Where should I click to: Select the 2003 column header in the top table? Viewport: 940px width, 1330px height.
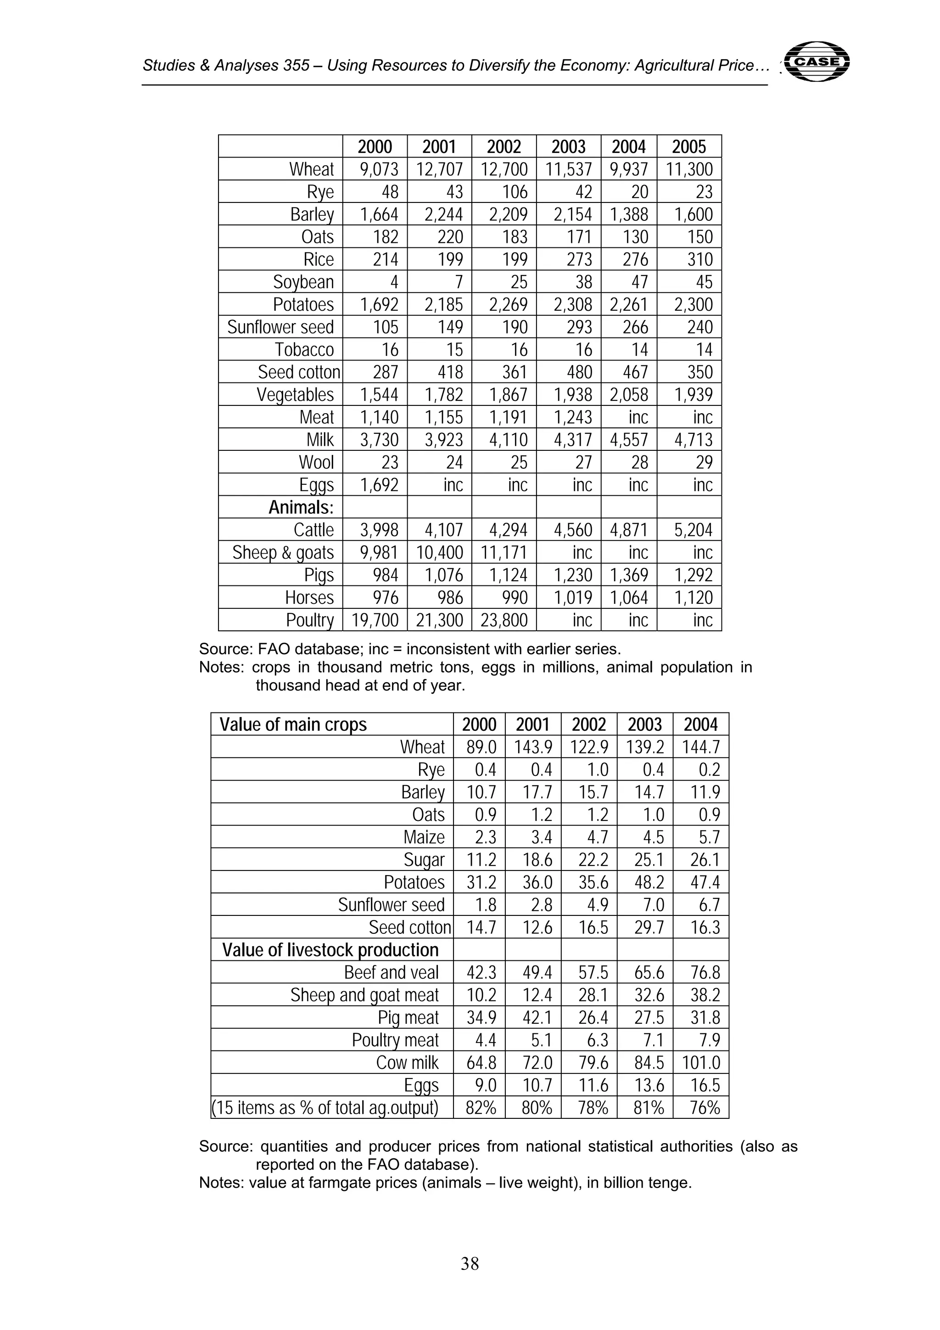[x=568, y=146]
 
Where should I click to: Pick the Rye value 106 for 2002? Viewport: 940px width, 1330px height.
[x=515, y=192]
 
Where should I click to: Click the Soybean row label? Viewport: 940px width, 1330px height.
[x=303, y=282]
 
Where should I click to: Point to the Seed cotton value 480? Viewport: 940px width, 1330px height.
[x=579, y=372]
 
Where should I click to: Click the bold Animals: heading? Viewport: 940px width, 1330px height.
[x=301, y=507]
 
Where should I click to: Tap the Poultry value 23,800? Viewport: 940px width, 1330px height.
[x=504, y=620]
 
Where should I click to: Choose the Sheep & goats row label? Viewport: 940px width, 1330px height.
[x=283, y=553]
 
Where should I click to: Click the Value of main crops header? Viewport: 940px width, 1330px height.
[x=293, y=724]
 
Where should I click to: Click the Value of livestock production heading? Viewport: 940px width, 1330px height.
[x=330, y=950]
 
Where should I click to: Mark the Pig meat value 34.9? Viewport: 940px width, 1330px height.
[x=481, y=1018]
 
